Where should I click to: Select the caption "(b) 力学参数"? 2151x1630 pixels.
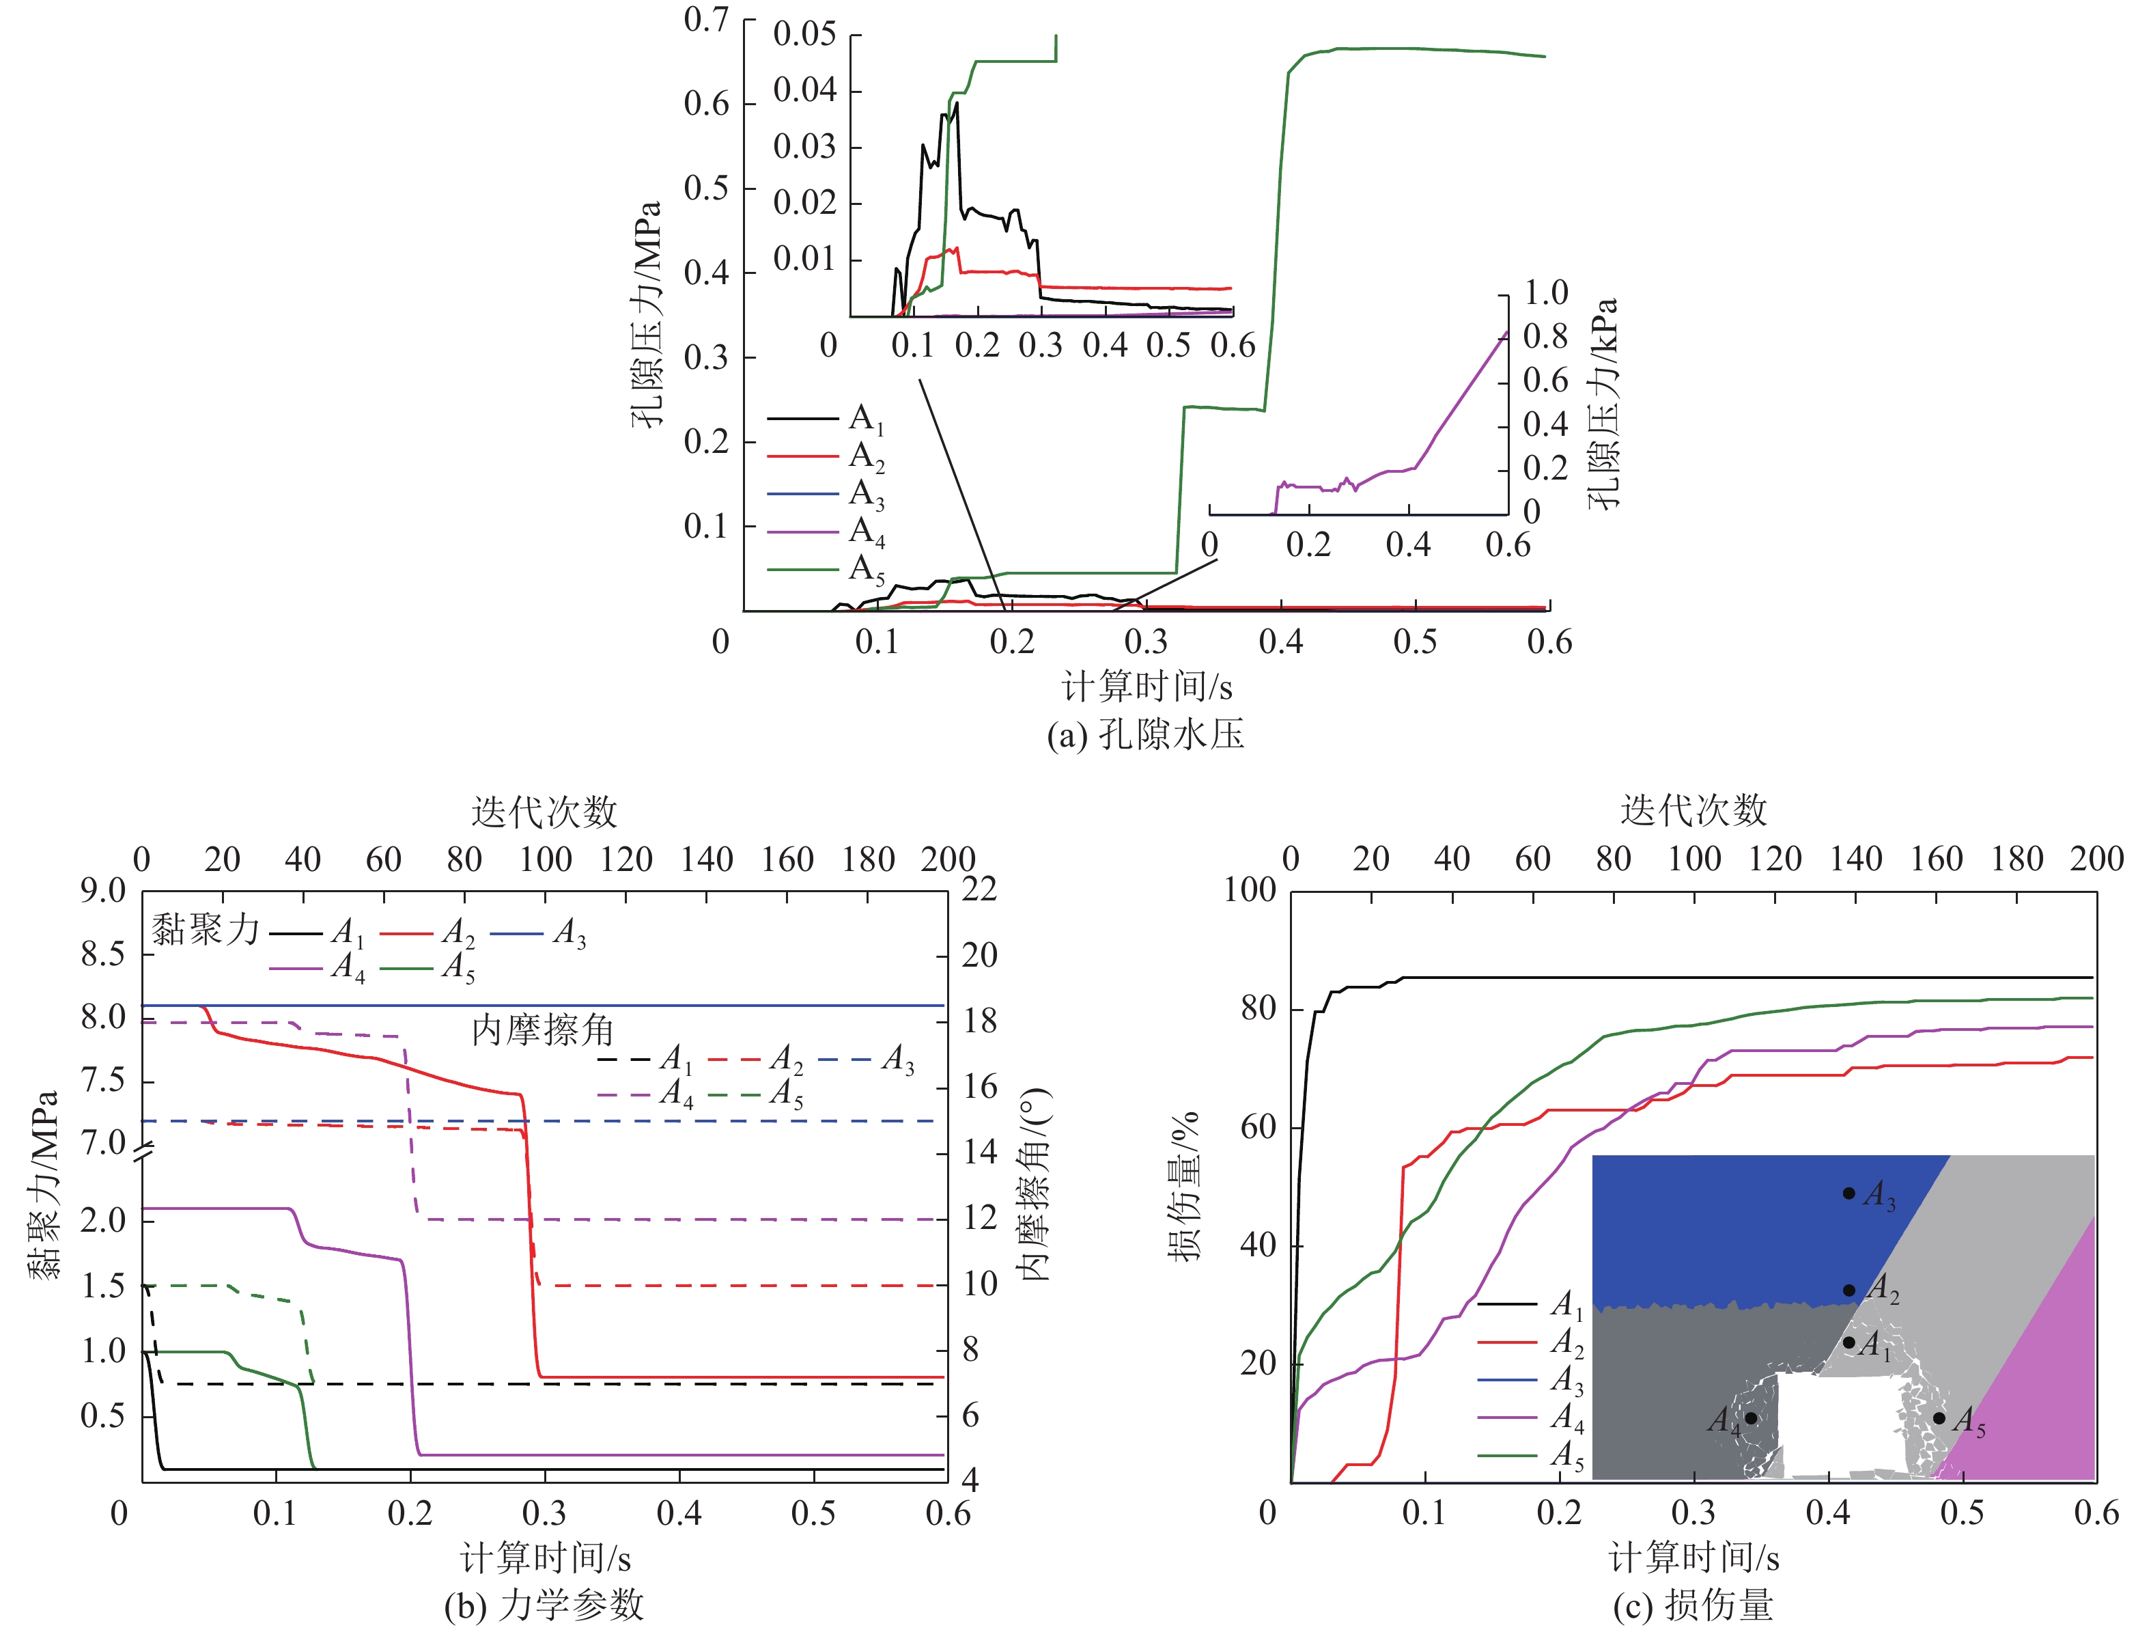pyautogui.click(x=544, y=1605)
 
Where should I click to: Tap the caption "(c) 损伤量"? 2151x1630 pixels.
pyautogui.click(x=1693, y=1605)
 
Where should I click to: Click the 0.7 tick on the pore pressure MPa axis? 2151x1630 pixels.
pyautogui.click(x=706, y=19)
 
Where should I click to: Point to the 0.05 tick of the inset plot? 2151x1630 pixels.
pyautogui.click(x=804, y=34)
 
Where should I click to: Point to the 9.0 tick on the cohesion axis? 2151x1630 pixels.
pyautogui.click(x=103, y=890)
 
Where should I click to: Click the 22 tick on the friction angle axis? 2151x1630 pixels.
pyautogui.click(x=979, y=889)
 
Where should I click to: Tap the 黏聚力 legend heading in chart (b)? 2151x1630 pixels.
pyautogui.click(x=205, y=930)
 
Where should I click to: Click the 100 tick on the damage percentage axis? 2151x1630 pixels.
pyautogui.click(x=1250, y=889)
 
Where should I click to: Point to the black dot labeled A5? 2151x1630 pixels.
pyautogui.click(x=1939, y=1418)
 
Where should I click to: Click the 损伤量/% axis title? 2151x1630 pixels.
pyautogui.click(x=1184, y=1187)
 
